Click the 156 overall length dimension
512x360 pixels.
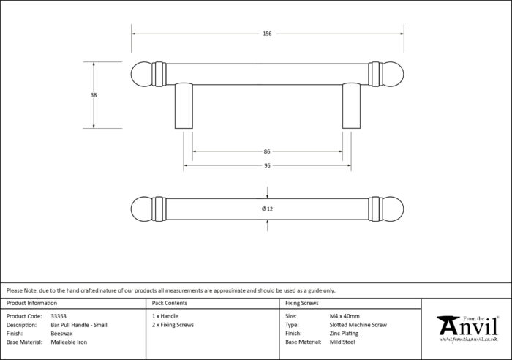click(267, 34)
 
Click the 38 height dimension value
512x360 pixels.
click(94, 95)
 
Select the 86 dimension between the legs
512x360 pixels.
click(267, 151)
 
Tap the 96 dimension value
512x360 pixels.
click(267, 165)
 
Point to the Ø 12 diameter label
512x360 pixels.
click(267, 209)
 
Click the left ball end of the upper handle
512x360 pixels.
click(142, 74)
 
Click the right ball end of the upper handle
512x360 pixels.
click(393, 74)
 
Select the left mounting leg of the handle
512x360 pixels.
click(184, 106)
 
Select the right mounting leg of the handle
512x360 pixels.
click(351, 106)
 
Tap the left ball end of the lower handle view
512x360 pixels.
click(142, 209)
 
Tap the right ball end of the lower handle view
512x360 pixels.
click(393, 209)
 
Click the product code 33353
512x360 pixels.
click(59, 316)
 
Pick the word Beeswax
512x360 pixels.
click(61, 334)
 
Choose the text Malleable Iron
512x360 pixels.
click(69, 342)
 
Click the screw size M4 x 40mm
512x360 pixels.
click(345, 316)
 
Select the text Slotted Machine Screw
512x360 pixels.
click(358, 325)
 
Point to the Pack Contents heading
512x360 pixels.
click(170, 303)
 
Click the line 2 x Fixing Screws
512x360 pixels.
click(173, 325)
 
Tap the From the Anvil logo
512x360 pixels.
click(468, 329)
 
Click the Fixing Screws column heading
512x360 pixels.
click(301, 303)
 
